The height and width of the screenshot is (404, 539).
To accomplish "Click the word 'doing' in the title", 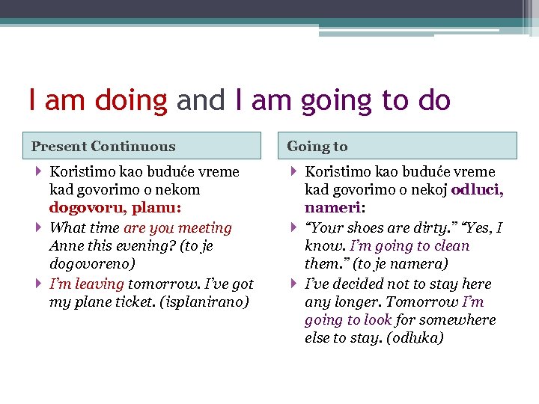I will [x=133, y=100].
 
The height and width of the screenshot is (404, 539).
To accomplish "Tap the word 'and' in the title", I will [x=200, y=100].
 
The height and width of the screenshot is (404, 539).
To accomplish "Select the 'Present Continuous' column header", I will [x=103, y=147].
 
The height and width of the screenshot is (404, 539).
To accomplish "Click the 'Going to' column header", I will [x=317, y=147].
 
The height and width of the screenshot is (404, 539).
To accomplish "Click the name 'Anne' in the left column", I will [x=65, y=246].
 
